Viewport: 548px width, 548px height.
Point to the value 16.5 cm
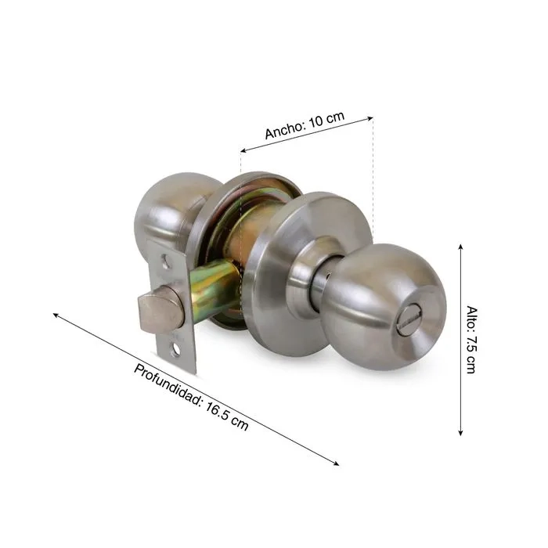pos(227,416)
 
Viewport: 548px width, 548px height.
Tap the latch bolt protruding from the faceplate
pos(160,308)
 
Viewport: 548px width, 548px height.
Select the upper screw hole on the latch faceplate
pos(165,260)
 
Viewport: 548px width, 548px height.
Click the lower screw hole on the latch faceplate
pos(175,349)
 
